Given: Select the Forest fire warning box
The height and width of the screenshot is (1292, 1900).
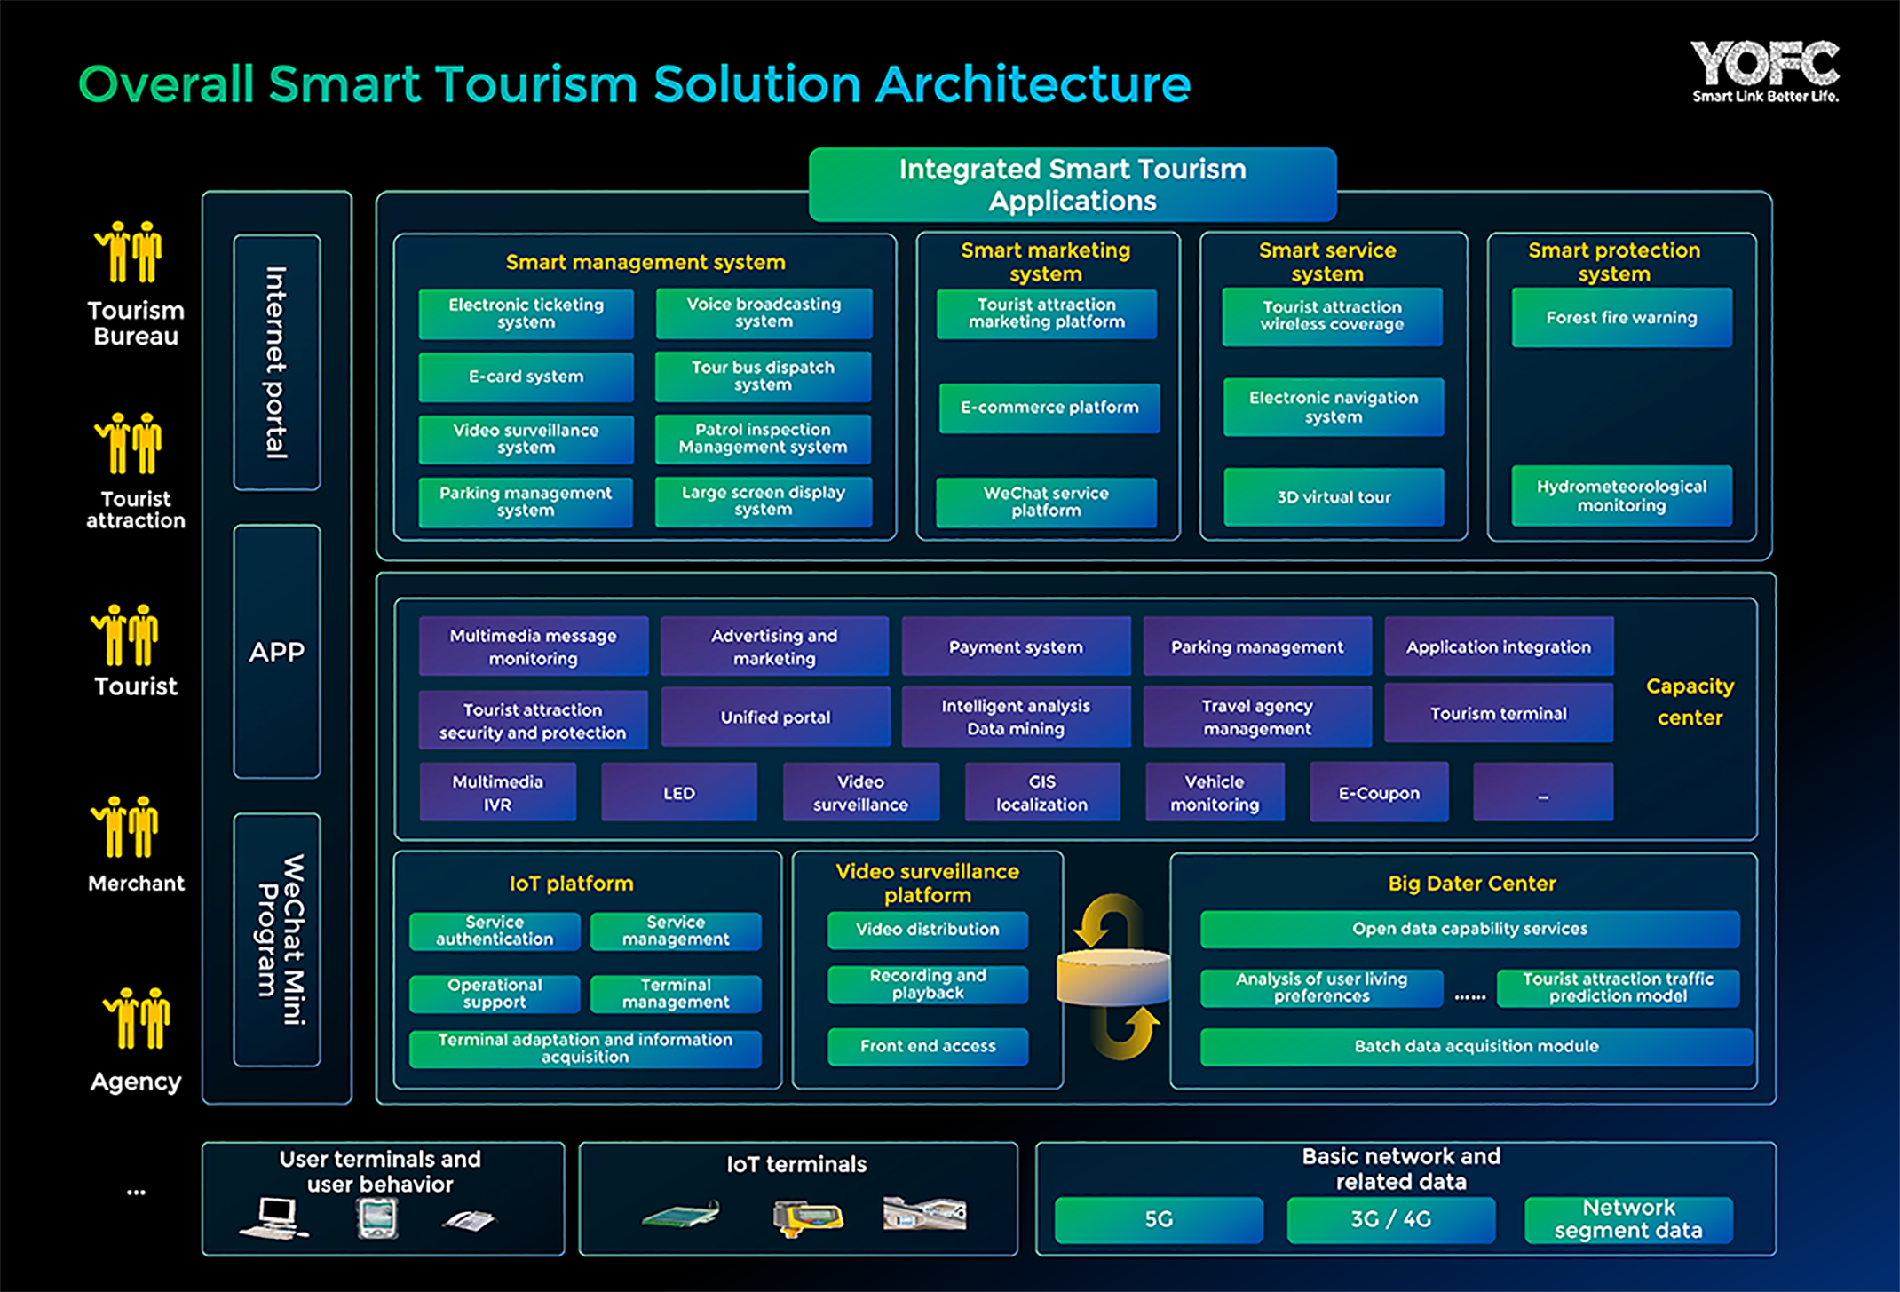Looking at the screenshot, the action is (x=1621, y=317).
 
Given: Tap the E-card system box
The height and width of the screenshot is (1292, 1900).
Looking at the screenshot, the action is (x=526, y=377).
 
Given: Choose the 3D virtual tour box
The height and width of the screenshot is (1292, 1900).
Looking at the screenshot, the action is (x=1334, y=497).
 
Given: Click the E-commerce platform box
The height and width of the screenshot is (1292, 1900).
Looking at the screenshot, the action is (x=1049, y=408).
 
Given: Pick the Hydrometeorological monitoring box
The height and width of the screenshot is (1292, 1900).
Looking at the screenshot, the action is (x=1621, y=495).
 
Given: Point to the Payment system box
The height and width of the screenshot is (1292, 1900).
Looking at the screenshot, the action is (x=1016, y=646).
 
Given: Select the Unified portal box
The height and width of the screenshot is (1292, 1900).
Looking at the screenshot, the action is (x=775, y=717).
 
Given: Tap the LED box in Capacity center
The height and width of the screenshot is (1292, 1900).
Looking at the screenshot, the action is (x=679, y=792).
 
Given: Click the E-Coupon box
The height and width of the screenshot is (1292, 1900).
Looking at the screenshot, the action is (x=1379, y=792).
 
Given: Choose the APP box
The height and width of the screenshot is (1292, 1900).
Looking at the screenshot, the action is (x=277, y=652).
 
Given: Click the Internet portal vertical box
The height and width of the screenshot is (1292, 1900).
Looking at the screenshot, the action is (x=277, y=362).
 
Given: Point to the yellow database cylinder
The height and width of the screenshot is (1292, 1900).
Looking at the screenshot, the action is (x=1113, y=977).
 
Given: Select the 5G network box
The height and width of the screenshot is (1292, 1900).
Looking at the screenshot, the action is (x=1159, y=1220).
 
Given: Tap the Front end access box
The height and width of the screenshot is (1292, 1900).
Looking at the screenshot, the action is (x=928, y=1046).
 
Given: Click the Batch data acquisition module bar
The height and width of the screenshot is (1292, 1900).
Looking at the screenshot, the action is (x=1476, y=1046).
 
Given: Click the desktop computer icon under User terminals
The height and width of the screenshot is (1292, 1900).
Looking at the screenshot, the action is (x=274, y=1217).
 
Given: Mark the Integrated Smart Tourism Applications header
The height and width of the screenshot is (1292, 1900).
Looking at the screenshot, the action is (x=1073, y=185).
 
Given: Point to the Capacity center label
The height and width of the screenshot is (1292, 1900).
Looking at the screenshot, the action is (x=1690, y=701).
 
